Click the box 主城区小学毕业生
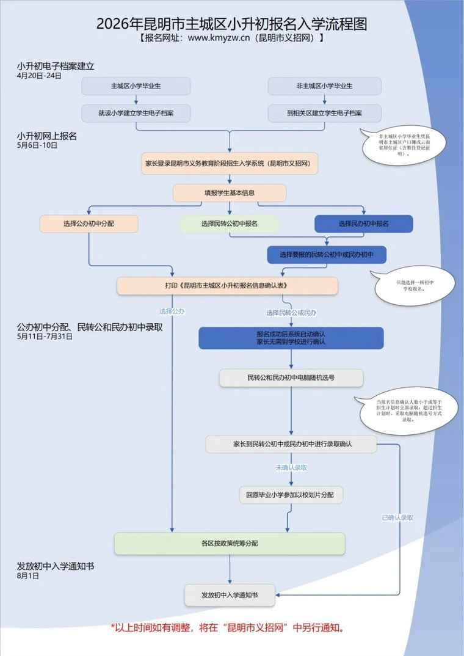tap(136, 86)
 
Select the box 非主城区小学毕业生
tap(324, 86)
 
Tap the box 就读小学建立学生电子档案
tap(136, 113)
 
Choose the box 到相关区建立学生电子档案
tap(324, 113)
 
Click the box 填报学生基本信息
tap(230, 193)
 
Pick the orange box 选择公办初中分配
tap(89, 224)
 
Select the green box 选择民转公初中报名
tap(230, 224)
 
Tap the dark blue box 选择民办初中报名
tap(364, 224)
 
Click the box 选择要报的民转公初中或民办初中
tap(327, 255)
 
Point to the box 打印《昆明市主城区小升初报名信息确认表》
tap(227, 286)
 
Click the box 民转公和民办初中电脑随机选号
tap(291, 378)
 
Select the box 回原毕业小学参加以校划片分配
tap(291, 495)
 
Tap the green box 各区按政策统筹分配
tap(230, 543)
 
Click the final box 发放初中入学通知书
tap(230, 595)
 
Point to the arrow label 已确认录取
tap(397, 517)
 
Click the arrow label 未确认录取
tap(291, 467)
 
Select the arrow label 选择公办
tap(172, 311)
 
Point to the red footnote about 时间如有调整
tap(231, 627)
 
